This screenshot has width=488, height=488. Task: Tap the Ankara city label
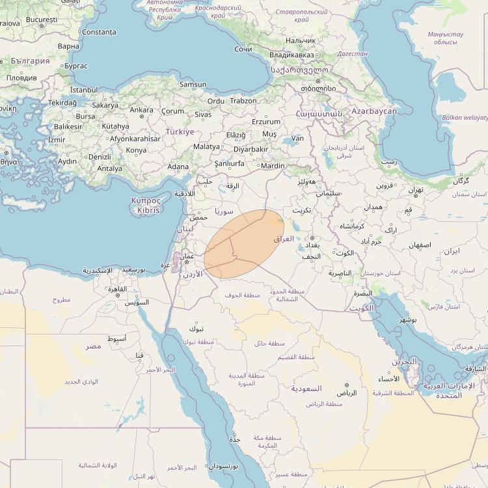coord(141,110)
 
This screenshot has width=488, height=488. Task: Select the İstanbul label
coord(83,89)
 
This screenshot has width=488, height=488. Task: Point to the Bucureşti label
coord(42,20)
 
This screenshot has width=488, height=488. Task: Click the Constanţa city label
coord(100,32)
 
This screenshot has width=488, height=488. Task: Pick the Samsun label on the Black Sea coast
coord(193,85)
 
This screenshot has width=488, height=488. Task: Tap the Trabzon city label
coord(243,101)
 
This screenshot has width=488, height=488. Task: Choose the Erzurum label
coord(265,122)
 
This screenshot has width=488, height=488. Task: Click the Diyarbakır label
coord(251,149)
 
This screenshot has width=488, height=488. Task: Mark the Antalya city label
coord(109,169)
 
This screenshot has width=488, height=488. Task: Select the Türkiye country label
coord(180,131)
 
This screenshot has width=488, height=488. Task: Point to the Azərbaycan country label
coord(374,111)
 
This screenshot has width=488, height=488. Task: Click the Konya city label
coord(136,150)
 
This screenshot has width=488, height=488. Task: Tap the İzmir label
coord(57,140)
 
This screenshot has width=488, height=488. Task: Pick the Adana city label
coord(178,167)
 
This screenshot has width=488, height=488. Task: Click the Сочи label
coord(243,49)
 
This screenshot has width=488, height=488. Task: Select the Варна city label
coord(68,47)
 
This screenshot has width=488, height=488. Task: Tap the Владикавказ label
coord(292,55)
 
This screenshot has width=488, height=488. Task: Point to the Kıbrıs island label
coord(146,211)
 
